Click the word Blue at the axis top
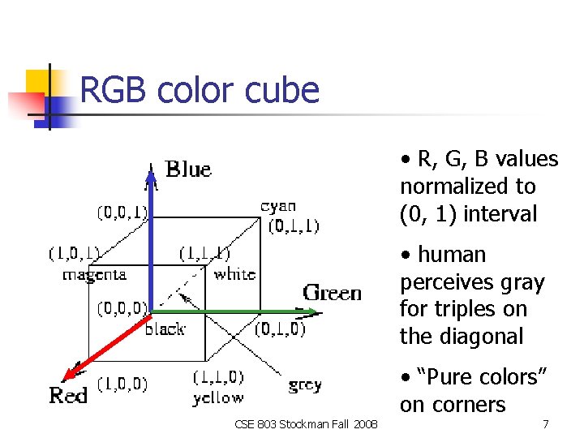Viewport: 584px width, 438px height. [188, 170]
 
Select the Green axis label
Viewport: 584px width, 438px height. [333, 292]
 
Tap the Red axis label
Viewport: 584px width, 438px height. [69, 395]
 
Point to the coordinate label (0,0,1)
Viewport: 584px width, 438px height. [122, 213]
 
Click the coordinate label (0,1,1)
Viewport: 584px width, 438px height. [294, 225]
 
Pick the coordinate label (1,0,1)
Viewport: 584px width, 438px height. [74, 254]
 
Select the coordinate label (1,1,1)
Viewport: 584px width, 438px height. [204, 254]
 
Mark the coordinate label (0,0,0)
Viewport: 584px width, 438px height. [122, 308]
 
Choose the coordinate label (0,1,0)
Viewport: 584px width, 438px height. [280, 328]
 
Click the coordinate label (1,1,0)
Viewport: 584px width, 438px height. [217, 377]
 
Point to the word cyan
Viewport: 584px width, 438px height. [278, 206]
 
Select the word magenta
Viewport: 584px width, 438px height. [94, 275]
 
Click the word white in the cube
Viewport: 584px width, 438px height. [234, 274]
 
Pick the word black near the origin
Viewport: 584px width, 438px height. [165, 328]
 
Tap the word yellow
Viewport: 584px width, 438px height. [217, 397]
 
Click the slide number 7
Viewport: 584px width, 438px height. [546, 423]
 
